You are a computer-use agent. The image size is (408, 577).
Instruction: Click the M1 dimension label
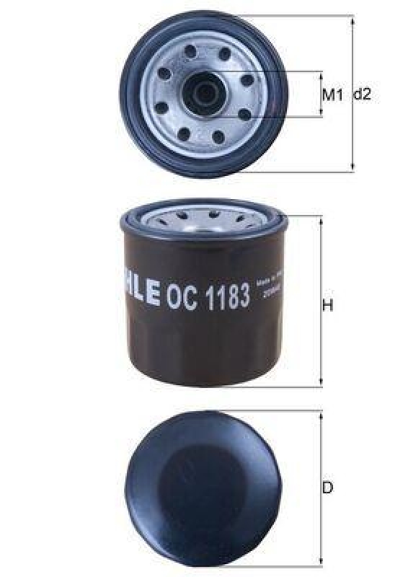[331, 94]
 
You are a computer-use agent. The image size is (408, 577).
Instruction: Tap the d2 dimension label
[362, 94]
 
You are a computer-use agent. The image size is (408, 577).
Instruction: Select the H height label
[328, 306]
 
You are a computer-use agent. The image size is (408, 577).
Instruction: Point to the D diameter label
[328, 488]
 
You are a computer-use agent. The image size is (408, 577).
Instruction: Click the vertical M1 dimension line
[321, 94]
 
